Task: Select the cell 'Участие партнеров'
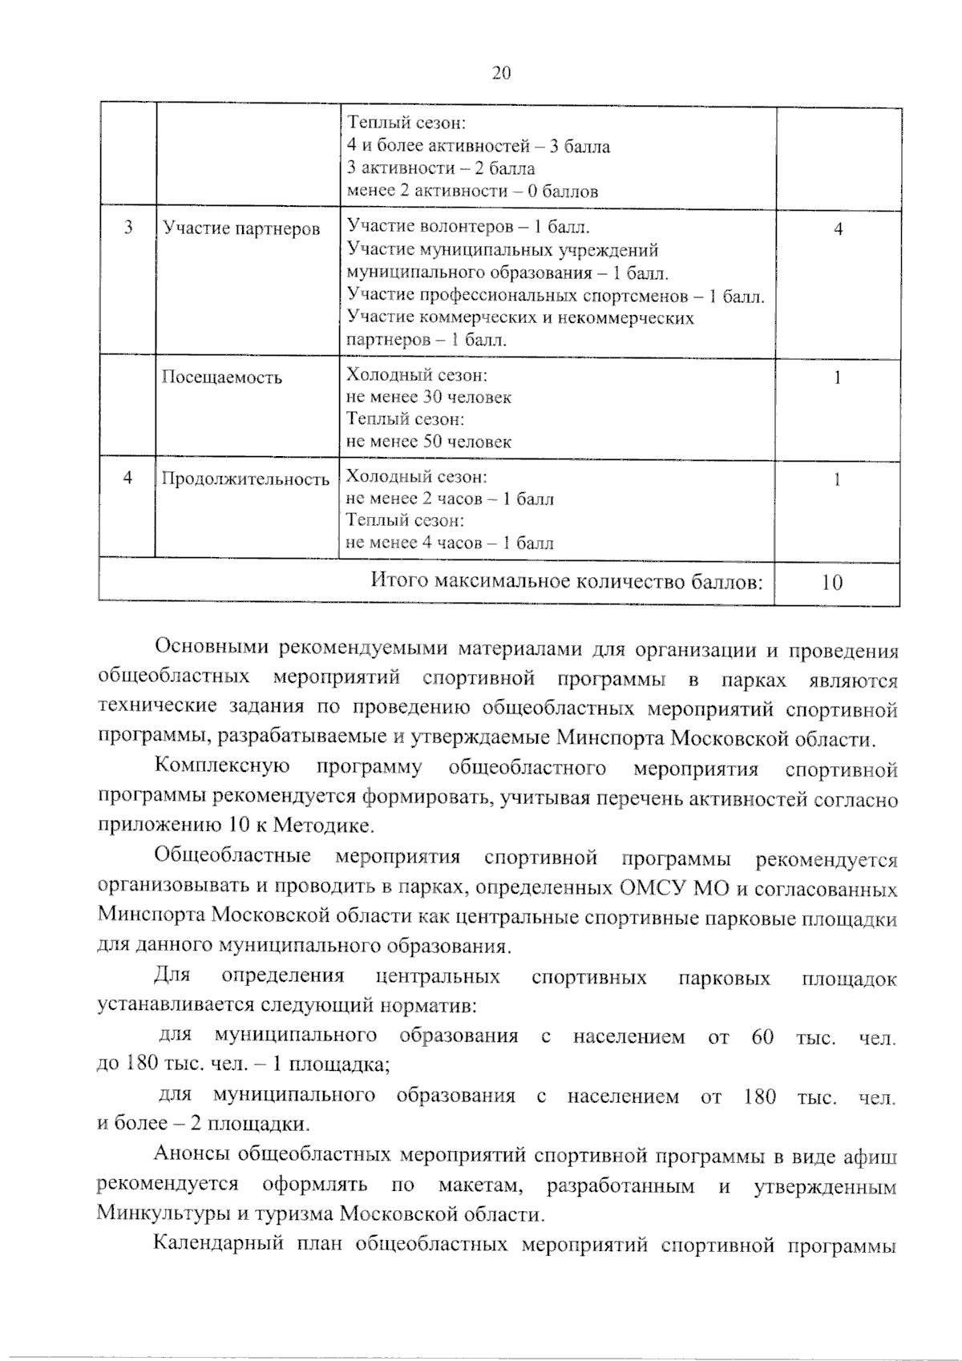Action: click(x=241, y=229)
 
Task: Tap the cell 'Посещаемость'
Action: click(x=222, y=378)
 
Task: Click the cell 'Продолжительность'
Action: click(x=245, y=479)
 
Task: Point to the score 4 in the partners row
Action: click(x=838, y=229)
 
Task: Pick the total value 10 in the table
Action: click(x=832, y=583)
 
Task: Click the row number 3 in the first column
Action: click(x=128, y=228)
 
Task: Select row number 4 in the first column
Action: click(x=127, y=479)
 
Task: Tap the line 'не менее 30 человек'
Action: click(x=428, y=398)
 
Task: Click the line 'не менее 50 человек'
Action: click(x=428, y=442)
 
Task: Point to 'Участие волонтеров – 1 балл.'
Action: click(x=468, y=227)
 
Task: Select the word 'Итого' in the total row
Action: click(x=398, y=582)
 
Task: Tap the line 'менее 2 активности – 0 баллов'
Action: click(x=472, y=191)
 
